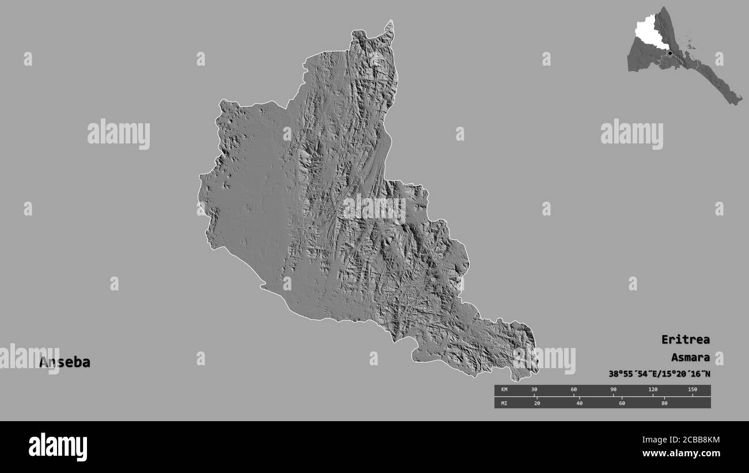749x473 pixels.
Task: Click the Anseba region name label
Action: pos(65,362)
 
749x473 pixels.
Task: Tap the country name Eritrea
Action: pos(685,339)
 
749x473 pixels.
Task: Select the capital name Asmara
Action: pos(690,357)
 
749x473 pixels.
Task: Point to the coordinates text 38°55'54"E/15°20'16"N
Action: pos(659,374)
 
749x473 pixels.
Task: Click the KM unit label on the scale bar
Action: pos(504,390)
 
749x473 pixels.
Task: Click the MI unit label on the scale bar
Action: pos(504,403)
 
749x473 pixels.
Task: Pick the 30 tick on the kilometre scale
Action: pos(534,390)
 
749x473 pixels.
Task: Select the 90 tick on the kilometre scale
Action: pos(613,390)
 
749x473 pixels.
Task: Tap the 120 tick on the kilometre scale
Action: pos(653,390)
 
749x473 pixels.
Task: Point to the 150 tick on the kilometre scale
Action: pos(692,390)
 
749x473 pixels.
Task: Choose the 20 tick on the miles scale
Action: pos(537,403)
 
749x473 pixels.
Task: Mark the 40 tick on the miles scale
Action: pos(579,403)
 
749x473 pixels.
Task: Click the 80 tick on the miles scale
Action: pos(664,403)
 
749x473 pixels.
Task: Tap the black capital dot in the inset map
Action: pos(669,54)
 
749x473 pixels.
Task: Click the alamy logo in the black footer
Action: pos(58,447)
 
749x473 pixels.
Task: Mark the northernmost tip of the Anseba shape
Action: pos(391,21)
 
